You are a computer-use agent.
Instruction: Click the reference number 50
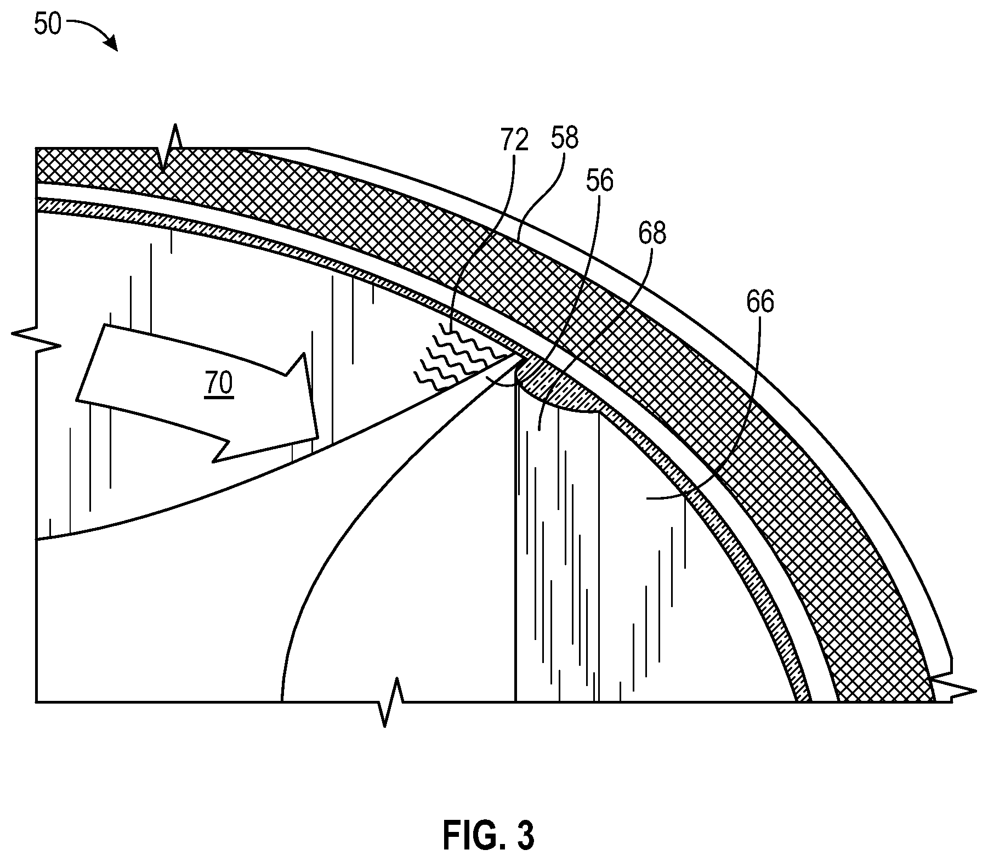47,25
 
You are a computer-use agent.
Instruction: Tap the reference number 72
514,140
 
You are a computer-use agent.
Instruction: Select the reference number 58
565,139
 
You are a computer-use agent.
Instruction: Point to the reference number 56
599,181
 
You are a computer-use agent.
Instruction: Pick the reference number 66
760,303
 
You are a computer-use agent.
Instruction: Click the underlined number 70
219,384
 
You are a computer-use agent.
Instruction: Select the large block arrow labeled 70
197,393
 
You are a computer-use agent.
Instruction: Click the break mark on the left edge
36,340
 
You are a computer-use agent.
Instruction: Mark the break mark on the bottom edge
390,703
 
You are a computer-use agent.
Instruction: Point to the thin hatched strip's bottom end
804,701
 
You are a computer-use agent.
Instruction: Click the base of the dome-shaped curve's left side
282,701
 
